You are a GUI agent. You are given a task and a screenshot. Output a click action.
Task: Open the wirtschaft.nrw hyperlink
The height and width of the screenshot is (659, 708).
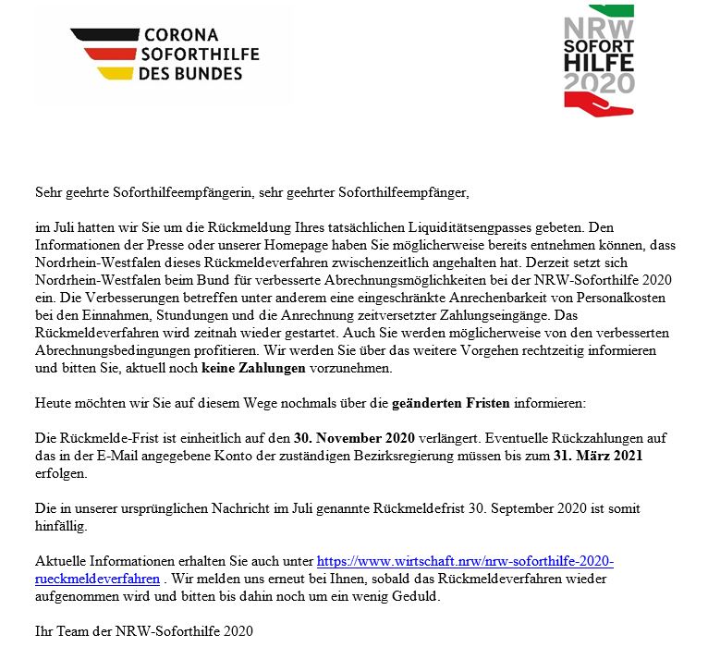(465, 561)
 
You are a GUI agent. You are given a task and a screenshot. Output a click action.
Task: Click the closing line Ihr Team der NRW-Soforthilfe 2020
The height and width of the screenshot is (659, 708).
(143, 631)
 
